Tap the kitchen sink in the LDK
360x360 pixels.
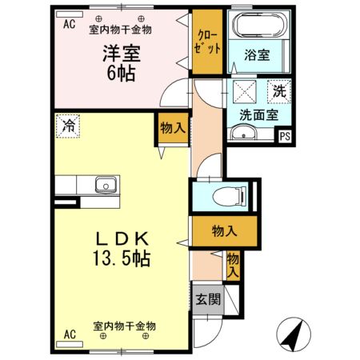click(x=105, y=185)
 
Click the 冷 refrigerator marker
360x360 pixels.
click(x=69, y=125)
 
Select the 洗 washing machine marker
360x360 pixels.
click(x=279, y=90)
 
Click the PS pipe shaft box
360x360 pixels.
click(x=285, y=137)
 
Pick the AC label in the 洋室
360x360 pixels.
click(x=68, y=24)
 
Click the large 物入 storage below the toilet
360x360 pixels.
click(x=224, y=231)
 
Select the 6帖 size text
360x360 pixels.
click(x=121, y=73)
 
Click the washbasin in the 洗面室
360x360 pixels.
click(x=243, y=133)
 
